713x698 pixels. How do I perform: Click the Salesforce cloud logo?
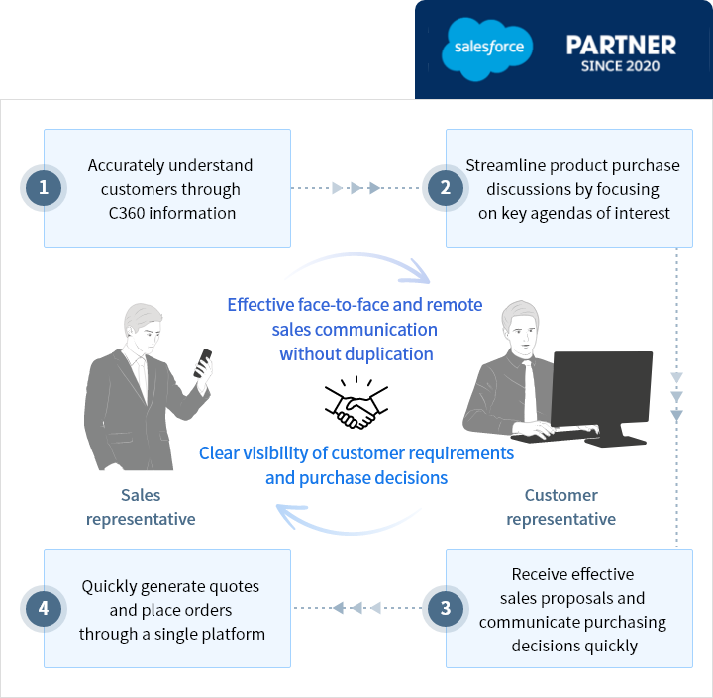pos(488,48)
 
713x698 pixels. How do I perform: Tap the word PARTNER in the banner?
pos(621,45)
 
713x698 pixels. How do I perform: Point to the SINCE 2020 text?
pos(621,67)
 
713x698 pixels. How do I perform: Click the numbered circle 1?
pos(43,187)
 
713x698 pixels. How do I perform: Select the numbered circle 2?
pos(445,187)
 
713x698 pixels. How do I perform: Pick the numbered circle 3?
pos(445,608)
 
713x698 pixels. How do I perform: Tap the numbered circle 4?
pos(43,608)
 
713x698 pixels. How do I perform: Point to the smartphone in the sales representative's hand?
pos(204,362)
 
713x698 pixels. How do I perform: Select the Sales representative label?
pos(141,507)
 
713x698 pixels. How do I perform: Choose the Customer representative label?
pos(560,507)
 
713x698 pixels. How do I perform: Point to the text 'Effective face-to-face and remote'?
pos(355,305)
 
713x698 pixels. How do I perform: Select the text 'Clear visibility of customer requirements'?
pos(356,453)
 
